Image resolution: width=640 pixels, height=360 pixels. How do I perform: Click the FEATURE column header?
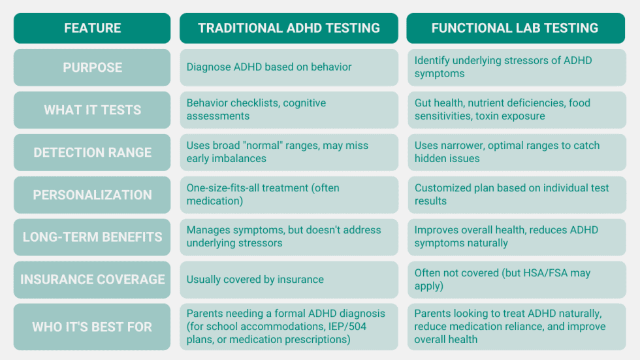(x=92, y=28)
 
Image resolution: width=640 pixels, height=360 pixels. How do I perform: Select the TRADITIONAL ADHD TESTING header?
(x=289, y=28)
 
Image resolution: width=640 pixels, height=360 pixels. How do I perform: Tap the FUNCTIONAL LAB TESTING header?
(x=515, y=28)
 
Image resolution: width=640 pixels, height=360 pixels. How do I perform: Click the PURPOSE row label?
(x=92, y=67)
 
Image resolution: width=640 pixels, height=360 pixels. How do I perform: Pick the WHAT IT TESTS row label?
(x=92, y=110)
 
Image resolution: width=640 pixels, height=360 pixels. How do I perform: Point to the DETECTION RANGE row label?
(x=92, y=152)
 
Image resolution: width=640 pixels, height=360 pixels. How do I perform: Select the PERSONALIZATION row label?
(x=92, y=195)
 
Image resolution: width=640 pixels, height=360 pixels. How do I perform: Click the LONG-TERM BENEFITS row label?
(x=92, y=237)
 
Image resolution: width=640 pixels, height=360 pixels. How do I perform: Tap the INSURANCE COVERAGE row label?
(x=92, y=279)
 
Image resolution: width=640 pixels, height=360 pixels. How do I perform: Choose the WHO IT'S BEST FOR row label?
(x=92, y=326)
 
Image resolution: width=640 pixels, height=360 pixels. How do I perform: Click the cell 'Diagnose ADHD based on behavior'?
(x=269, y=67)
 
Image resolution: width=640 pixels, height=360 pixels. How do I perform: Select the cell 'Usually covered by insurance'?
(x=255, y=280)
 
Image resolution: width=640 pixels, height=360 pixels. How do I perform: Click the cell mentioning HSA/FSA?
(x=516, y=280)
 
